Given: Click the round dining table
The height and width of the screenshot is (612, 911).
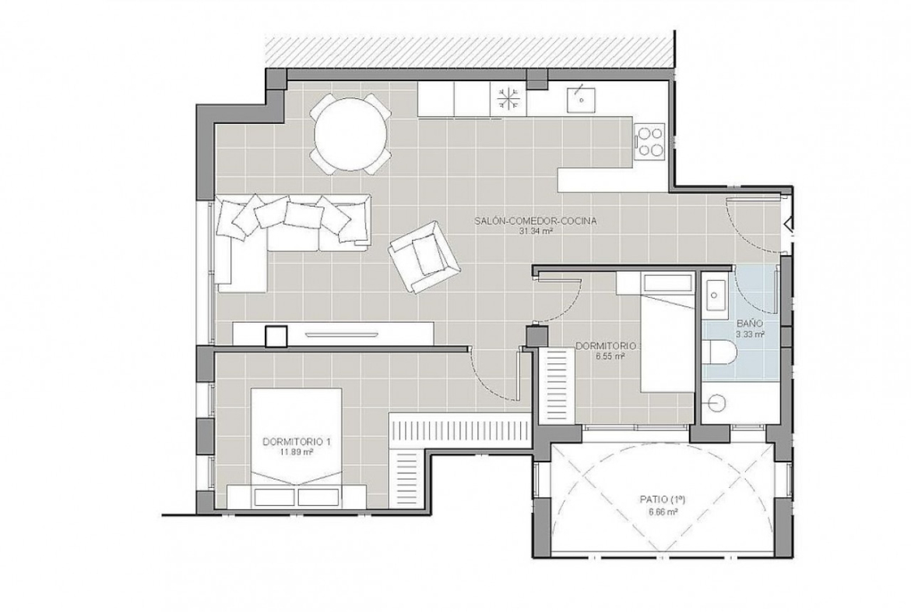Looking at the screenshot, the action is tap(350, 135).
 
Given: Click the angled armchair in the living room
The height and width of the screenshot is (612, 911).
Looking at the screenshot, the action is tap(424, 256).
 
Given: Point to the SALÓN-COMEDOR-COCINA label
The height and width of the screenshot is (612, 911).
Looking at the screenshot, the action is tap(536, 221).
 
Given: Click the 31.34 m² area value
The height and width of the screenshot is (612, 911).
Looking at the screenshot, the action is tap(536, 231).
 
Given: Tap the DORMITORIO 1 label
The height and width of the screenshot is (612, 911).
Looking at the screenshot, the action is tap(297, 441).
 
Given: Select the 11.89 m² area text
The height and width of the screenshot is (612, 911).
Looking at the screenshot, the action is tap(297, 451).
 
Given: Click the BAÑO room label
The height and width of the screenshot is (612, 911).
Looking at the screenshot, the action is tap(750, 324).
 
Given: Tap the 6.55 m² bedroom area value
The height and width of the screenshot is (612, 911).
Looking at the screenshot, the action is tap(610, 356).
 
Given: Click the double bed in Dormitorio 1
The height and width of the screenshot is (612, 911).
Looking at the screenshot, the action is tap(296, 447).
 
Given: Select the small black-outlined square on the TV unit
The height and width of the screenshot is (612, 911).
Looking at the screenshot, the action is tap(276, 336).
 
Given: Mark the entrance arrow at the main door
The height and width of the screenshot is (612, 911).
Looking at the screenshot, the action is tap(787, 224).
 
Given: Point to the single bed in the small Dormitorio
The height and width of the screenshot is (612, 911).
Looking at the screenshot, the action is tap(667, 343).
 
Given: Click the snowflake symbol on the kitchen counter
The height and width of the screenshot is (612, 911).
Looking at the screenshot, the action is tap(508, 99).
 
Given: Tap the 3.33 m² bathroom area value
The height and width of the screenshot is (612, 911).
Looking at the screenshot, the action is tap(750, 334).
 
